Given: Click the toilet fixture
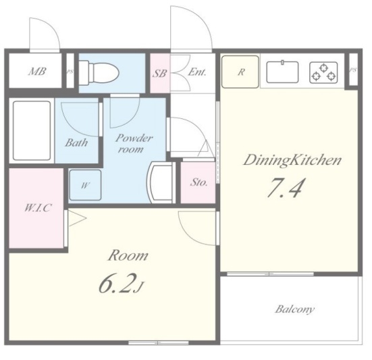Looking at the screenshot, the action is [99, 73].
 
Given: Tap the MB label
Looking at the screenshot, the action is [37, 72].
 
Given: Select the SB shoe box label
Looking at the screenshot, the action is [159, 74].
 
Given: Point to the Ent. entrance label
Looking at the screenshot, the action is [196, 72].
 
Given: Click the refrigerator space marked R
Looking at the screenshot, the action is [240, 72].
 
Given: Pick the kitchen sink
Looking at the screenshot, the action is [282, 72].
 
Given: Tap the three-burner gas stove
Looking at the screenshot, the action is [323, 72].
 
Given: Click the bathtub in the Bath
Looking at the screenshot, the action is [32, 131].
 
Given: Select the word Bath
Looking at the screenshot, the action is [76, 143].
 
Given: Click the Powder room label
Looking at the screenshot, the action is [134, 144].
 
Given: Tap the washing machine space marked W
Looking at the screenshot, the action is [85, 185].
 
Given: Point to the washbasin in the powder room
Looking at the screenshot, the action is [160, 182].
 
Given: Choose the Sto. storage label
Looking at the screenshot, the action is [198, 182].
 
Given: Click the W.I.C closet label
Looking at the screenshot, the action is [38, 207].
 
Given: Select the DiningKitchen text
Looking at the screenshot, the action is [292, 160].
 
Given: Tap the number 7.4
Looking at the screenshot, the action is [285, 188].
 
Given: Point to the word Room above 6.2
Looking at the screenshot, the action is [128, 255].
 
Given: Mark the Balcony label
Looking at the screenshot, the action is [295, 309].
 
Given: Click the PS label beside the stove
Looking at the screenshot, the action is [353, 70].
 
